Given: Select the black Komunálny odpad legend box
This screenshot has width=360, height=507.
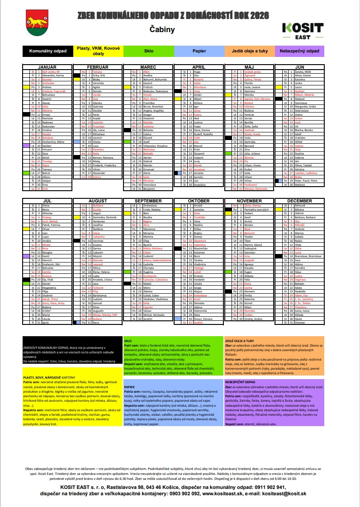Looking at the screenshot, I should click(x=47, y=51).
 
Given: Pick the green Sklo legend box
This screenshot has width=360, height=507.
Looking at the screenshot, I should click(x=149, y=51).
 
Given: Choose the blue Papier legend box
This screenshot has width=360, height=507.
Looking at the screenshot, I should click(x=199, y=51).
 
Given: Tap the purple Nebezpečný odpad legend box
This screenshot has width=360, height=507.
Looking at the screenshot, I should click(x=299, y=51).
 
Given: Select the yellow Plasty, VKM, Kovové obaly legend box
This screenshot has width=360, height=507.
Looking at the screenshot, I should click(x=98, y=51).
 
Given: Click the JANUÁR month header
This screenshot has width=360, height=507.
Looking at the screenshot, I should click(x=47, y=66).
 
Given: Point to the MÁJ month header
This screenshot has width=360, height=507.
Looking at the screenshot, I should click(x=249, y=66).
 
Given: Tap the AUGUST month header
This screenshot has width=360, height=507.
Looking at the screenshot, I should click(x=98, y=200).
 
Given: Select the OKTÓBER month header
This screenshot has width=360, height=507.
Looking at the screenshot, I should click(x=199, y=200).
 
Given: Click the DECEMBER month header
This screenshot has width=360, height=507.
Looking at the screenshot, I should click(x=299, y=200).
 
